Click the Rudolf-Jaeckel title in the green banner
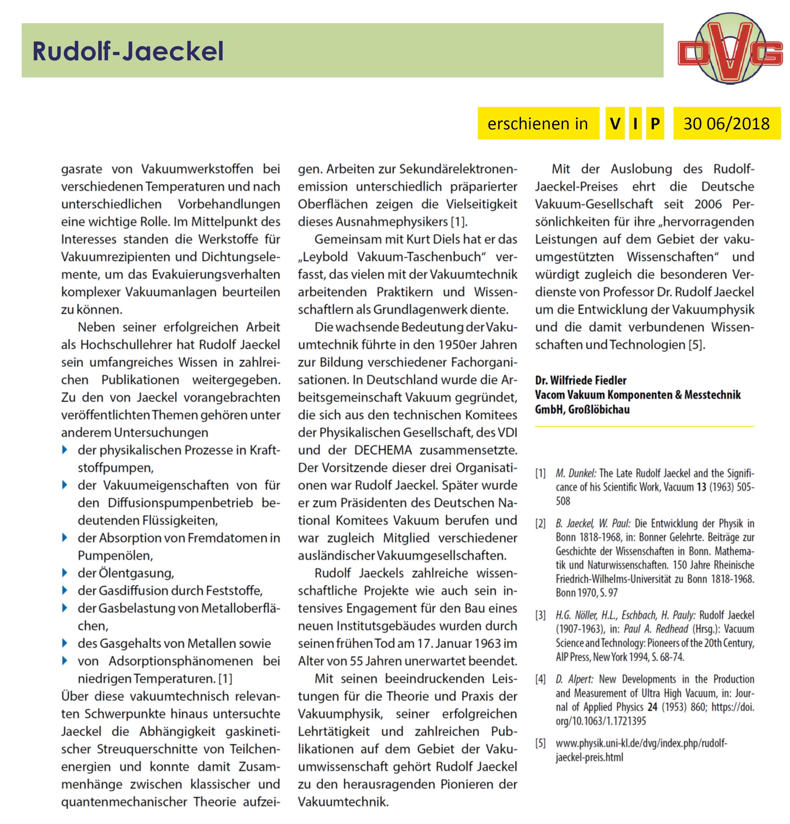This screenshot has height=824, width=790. click(128, 51)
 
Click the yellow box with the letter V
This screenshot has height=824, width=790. click(615, 124)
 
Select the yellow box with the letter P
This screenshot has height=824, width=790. click(655, 124)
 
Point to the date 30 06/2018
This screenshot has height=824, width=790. click(726, 124)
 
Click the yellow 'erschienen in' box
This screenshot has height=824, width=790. click(538, 124)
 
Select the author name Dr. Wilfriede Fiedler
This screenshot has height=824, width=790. click(580, 381)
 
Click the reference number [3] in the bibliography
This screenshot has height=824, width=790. click(540, 615)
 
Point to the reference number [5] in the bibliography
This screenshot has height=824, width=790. click(540, 744)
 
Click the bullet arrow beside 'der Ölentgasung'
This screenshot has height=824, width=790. click(65, 573)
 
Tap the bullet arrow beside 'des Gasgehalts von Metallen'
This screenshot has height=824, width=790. click(65, 643)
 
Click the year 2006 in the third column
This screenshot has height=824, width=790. click(708, 204)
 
